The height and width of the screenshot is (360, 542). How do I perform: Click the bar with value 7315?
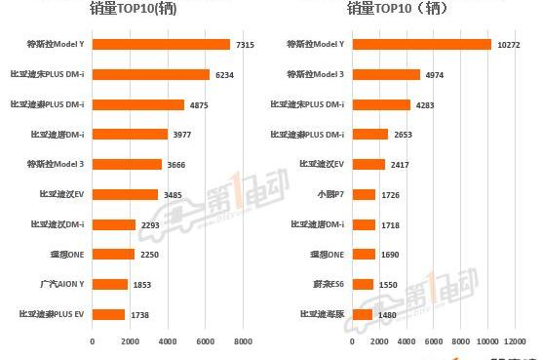click(161, 44)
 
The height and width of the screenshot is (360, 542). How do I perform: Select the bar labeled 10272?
click(422, 44)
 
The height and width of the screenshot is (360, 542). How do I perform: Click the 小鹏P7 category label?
click(332, 194)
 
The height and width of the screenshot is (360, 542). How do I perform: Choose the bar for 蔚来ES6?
click(364, 284)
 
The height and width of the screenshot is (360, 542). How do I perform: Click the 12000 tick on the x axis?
click(516, 341)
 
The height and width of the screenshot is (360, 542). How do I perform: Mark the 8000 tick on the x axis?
click(243, 341)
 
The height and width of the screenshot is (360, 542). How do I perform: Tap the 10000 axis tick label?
click(488, 341)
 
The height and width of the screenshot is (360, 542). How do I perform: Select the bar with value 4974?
click(387, 74)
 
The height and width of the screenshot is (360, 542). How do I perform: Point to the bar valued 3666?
click(127, 164)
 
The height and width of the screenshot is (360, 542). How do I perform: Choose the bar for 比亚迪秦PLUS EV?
click(108, 314)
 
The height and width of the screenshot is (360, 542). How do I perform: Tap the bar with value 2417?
click(369, 164)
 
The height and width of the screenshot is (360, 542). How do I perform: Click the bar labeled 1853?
click(110, 284)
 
